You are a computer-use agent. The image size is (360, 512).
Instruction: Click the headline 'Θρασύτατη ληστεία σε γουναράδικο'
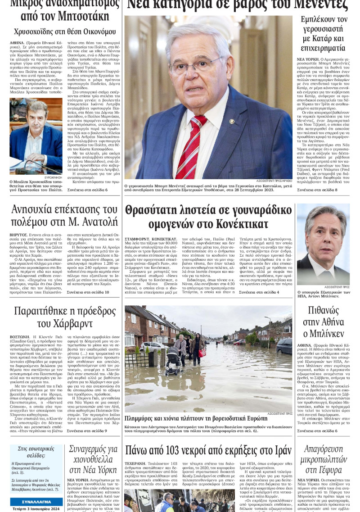pos(208,217)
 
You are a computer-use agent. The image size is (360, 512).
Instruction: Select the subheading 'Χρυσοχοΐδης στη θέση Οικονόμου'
pos(65,32)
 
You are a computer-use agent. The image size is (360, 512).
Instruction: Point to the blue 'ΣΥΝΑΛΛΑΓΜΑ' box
pos(36,501)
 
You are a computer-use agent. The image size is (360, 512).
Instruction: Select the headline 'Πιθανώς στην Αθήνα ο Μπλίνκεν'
pos(323,322)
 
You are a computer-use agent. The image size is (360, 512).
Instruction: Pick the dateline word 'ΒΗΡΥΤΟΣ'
pos(20,235)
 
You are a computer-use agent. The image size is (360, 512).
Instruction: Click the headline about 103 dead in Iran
pos(208,450)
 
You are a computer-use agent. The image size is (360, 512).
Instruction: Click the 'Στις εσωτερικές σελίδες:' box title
pos(36,452)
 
